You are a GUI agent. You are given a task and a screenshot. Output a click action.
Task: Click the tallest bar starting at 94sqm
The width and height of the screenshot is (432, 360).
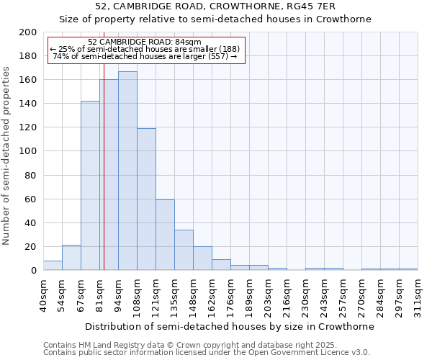127,171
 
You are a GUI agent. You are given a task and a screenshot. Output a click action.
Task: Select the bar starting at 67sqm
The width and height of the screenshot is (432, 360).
90,186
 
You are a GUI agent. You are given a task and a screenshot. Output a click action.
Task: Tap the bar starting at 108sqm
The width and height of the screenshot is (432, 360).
146,199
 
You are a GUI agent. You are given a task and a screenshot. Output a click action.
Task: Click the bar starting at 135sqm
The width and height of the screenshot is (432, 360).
184,250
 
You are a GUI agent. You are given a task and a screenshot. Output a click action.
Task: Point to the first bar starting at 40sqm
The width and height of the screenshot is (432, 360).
53,266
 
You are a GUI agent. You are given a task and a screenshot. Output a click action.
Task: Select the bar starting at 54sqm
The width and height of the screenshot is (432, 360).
71,258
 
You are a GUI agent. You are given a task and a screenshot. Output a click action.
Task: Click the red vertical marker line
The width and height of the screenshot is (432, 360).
104,180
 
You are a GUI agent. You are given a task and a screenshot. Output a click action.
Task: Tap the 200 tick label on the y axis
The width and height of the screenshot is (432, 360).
28,32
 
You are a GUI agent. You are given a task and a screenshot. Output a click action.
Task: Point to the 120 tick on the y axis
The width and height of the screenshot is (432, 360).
28,127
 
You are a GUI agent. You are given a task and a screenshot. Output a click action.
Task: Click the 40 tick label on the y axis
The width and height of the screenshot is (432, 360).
31,222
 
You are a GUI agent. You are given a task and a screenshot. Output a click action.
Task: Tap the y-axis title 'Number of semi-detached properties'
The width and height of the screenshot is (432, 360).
7,156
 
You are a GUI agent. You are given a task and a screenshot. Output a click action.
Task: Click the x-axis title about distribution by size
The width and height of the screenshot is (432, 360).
230,326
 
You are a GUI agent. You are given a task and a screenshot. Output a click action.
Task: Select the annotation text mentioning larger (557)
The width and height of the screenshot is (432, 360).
145,56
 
